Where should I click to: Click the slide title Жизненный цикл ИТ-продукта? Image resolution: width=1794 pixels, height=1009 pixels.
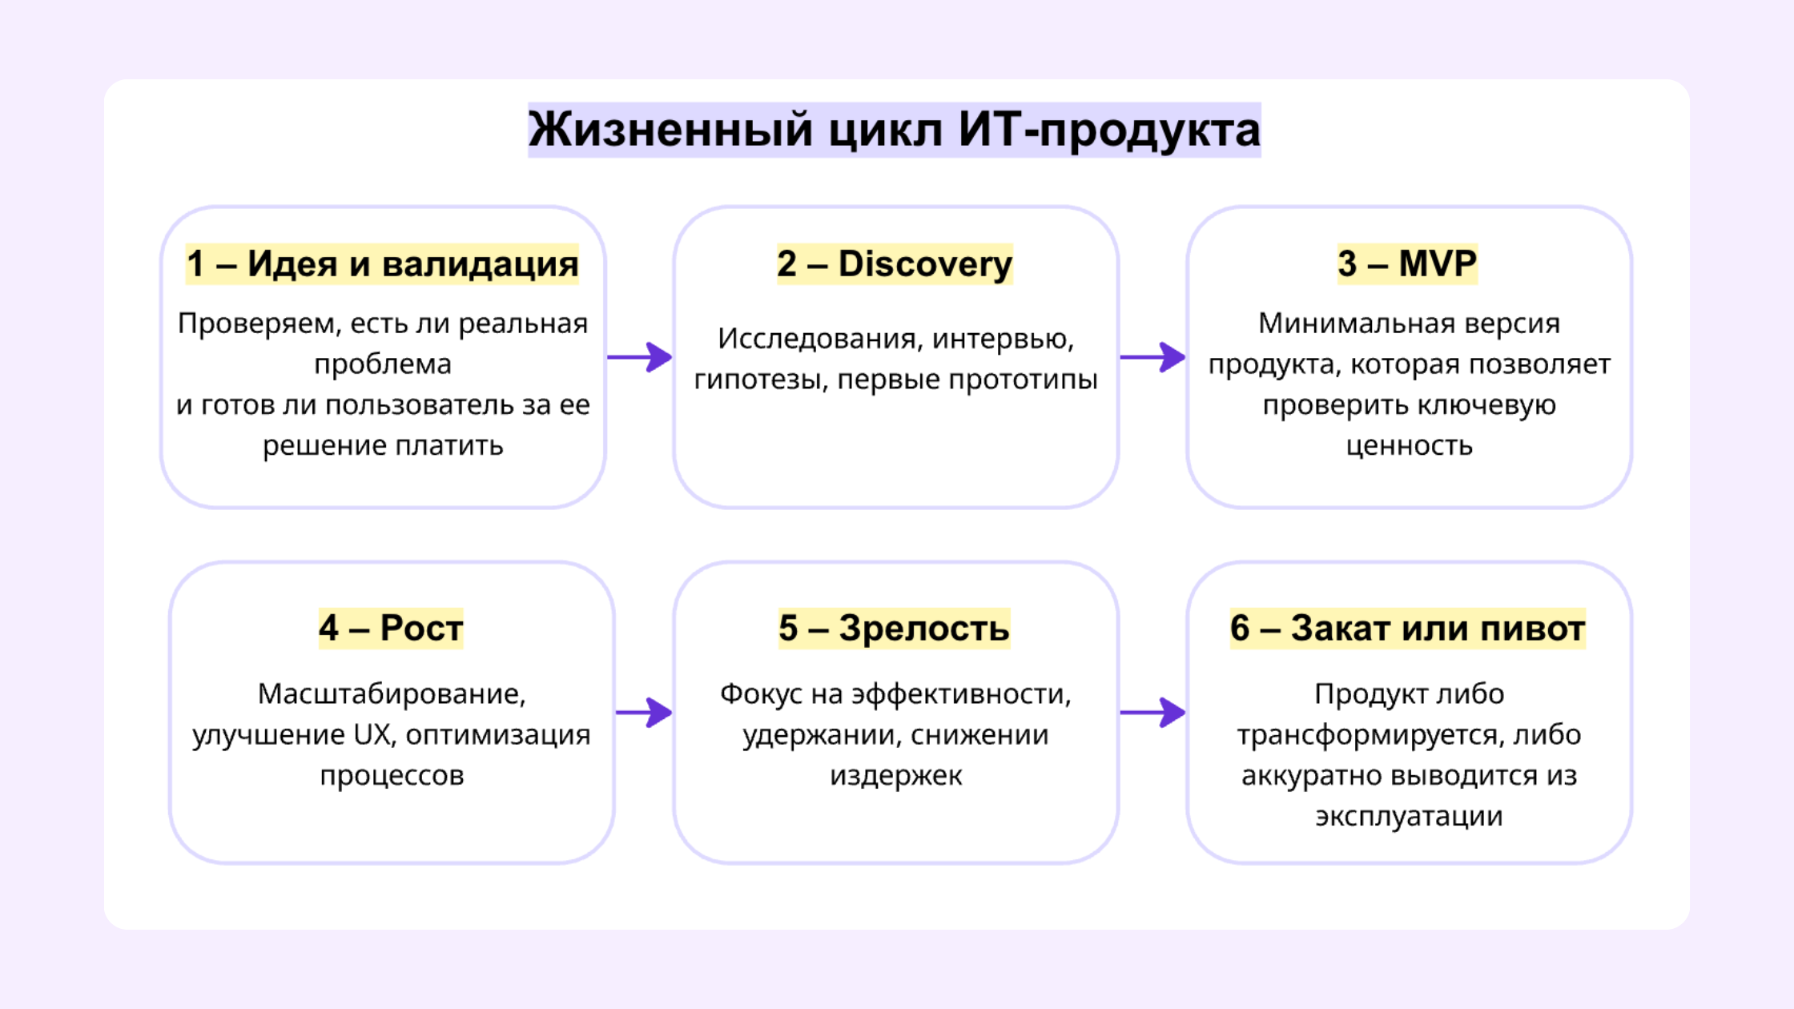(894, 130)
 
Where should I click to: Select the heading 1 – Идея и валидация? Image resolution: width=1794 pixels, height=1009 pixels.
(382, 264)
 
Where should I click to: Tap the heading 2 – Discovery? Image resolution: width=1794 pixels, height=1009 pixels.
(895, 264)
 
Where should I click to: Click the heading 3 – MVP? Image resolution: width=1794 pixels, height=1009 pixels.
(1407, 264)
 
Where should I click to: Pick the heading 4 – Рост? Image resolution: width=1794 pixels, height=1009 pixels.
(391, 628)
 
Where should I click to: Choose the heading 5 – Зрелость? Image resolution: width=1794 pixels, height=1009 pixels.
(894, 628)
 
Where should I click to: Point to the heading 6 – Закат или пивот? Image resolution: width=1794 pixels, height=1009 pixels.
(1407, 628)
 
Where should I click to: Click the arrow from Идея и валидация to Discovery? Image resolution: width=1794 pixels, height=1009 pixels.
(639, 357)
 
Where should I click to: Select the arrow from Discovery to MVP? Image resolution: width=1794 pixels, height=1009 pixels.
(1152, 357)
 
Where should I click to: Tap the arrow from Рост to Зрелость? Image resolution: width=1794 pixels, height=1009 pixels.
(644, 712)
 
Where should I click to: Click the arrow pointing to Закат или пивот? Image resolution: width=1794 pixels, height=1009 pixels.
(1152, 712)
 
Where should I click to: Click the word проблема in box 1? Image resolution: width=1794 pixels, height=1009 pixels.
(383, 365)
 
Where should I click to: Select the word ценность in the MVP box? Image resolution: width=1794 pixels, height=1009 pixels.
(1409, 446)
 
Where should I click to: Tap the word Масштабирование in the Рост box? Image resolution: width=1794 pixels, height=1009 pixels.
(392, 694)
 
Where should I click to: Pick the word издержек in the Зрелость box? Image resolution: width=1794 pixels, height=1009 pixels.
(895, 776)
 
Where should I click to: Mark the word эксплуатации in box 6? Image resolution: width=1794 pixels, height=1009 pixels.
(1409, 817)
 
